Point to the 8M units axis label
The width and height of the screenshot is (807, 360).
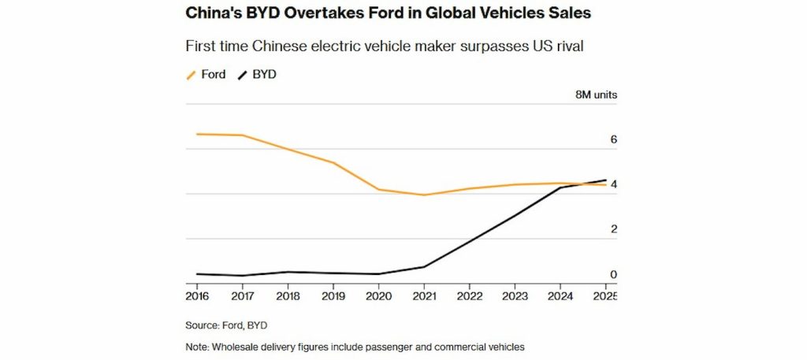[596, 95]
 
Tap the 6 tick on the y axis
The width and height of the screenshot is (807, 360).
[613, 139]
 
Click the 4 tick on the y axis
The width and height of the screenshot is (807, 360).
[613, 184]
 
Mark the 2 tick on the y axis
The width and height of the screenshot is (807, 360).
[613, 229]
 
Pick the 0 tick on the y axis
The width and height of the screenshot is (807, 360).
[613, 274]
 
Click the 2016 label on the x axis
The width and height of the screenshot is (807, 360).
[198, 296]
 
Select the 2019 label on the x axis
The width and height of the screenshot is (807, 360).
[333, 296]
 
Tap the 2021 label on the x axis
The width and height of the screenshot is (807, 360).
[424, 296]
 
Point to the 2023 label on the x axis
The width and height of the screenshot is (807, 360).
[515, 296]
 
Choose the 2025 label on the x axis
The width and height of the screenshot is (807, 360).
[604, 296]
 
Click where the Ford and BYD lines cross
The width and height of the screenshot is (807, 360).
[585, 184]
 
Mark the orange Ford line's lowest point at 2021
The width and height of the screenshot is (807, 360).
[425, 195]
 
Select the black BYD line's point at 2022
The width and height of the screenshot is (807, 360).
[470, 241]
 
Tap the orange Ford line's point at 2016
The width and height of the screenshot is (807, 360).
[198, 134]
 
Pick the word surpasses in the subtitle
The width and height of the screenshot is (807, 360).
[470, 46]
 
